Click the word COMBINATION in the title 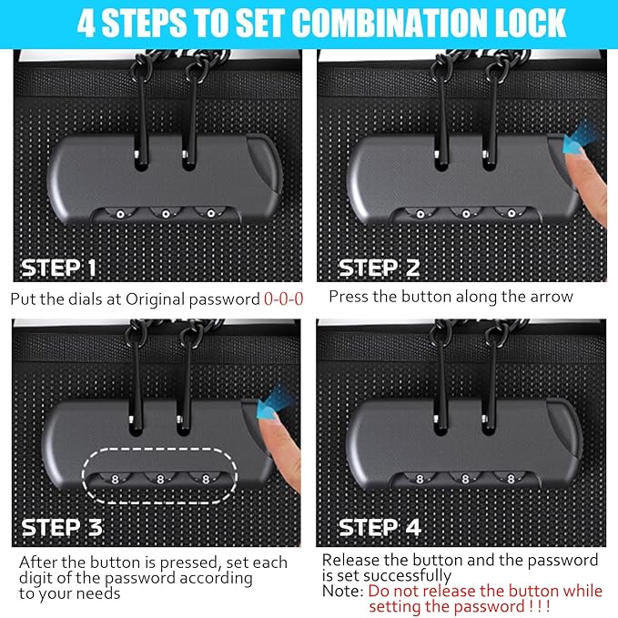coord(391,23)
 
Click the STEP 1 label coord(58,268)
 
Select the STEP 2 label coord(380,268)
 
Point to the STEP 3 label coord(62,527)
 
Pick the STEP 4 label coord(380,527)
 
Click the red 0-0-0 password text coord(283,299)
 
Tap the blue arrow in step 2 coord(581,137)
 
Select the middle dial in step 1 coord(166,214)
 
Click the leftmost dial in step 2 coord(420,214)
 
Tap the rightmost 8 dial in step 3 coord(206,479)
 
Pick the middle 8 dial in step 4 coord(465,479)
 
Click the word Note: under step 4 coord(342,592)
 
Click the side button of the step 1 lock coord(265,165)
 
